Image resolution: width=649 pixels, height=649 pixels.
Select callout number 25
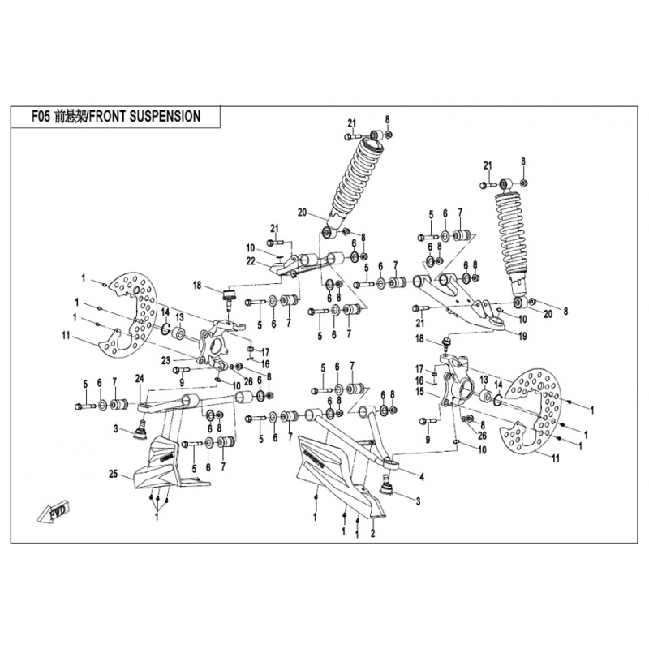[x=113, y=472]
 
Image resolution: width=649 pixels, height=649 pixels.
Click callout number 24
[x=139, y=377]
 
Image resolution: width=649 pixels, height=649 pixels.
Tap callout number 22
[x=251, y=260]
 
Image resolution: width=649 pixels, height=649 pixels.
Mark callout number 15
[x=420, y=392]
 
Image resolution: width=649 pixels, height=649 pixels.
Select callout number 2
[x=372, y=534]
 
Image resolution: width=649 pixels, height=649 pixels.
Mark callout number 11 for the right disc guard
[x=555, y=459]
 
